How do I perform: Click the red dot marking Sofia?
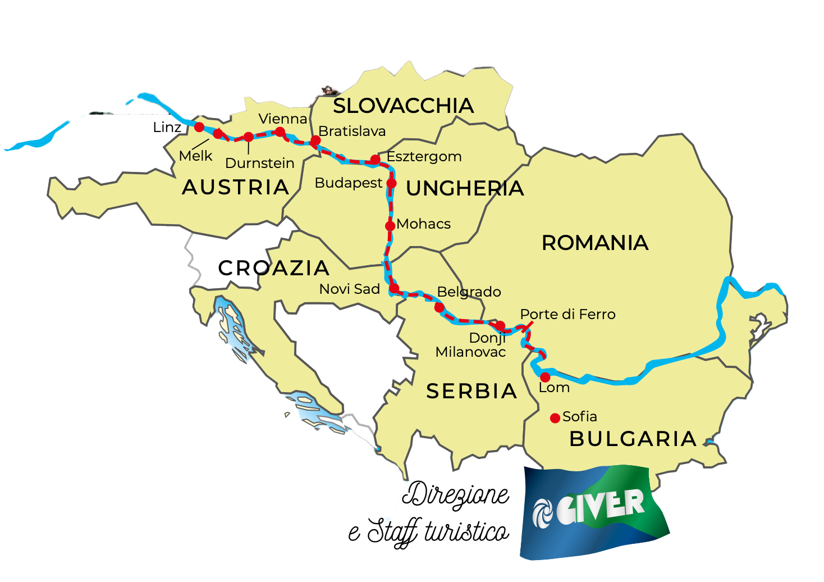555,418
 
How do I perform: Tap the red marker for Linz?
199,127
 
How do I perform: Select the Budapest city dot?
392,183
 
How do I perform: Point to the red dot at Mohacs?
390,226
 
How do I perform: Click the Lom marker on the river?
545,377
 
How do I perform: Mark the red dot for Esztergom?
375,160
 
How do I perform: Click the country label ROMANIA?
595,243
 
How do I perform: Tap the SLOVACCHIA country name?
404,106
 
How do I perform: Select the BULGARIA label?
633,439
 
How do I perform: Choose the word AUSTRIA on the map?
236,187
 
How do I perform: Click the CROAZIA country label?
274,268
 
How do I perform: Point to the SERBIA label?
471,391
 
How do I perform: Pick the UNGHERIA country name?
465,189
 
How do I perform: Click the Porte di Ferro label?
567,314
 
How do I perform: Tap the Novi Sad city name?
350,289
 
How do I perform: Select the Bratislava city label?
352,131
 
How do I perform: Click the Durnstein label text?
260,163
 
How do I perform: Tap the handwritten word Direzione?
456,495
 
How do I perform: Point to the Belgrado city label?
469,292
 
